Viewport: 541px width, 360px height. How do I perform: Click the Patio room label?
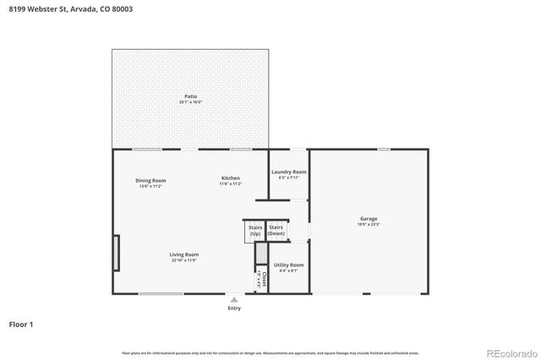pos(191,96)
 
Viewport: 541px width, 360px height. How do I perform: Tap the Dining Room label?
pos(150,179)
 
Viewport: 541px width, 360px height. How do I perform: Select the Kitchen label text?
pos(231,178)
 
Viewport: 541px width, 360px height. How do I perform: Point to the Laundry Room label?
pos(288,172)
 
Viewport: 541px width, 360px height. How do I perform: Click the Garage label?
pos(369,218)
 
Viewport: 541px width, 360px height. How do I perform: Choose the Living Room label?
pos(184,254)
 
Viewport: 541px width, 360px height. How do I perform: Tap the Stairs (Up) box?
pos(254,230)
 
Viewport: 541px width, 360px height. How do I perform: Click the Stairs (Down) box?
pos(276,230)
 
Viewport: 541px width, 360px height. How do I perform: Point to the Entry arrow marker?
pos(234,299)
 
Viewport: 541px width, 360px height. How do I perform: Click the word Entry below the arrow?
pos(234,308)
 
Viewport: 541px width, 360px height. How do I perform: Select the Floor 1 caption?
pos(20,324)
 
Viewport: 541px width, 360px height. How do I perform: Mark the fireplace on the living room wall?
pos(117,253)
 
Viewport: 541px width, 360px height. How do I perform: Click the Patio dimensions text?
pos(191,102)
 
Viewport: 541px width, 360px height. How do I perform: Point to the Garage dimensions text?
pos(369,224)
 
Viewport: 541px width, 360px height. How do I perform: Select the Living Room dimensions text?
pos(184,260)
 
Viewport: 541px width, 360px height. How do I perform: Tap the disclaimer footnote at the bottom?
pos(270,352)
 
